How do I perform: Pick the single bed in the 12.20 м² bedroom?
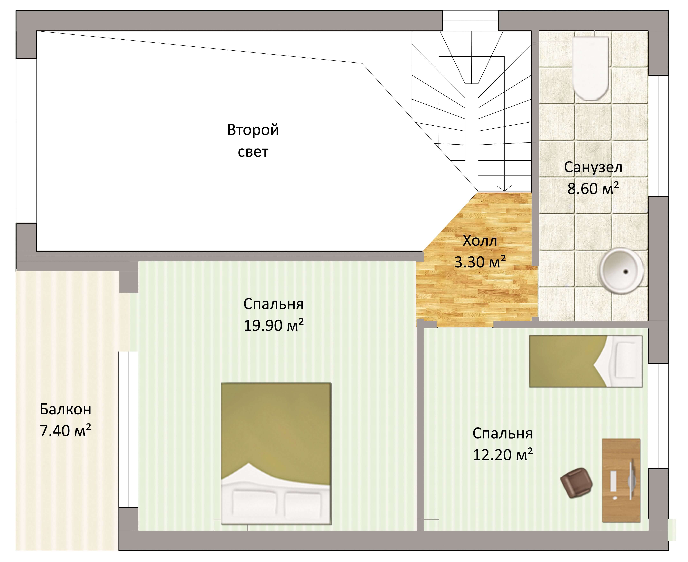coord(586,361)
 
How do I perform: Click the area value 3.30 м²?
coord(480,262)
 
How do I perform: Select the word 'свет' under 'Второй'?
coord(253,152)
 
